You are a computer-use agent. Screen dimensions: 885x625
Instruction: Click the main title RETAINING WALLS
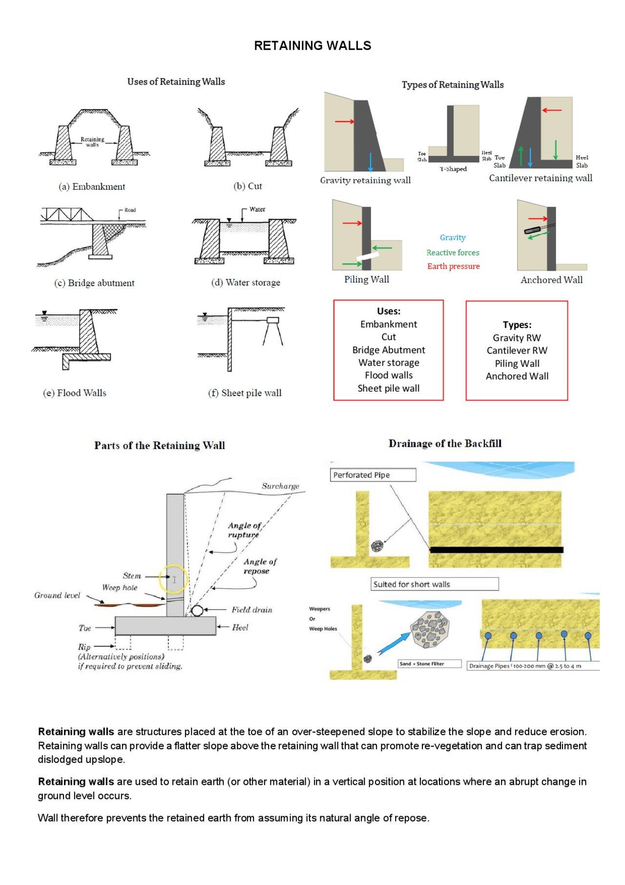(x=312, y=46)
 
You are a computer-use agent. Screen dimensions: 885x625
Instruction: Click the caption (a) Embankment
(x=92, y=187)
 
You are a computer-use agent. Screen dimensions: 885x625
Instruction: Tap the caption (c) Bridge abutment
(x=94, y=283)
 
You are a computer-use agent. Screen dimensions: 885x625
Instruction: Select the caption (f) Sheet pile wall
(x=245, y=393)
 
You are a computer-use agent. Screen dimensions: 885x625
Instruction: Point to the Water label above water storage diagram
(x=257, y=209)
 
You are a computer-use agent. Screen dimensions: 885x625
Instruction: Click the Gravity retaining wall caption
(x=365, y=180)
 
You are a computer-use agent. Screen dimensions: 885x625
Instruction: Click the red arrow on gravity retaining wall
(x=344, y=121)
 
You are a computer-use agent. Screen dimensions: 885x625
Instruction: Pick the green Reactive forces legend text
(x=453, y=253)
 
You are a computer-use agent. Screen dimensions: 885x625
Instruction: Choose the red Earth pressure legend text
(x=453, y=266)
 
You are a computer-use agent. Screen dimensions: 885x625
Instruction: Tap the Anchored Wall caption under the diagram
(x=551, y=280)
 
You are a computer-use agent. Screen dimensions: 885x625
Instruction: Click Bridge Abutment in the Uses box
(x=389, y=350)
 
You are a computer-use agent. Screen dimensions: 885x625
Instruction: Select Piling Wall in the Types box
(x=517, y=364)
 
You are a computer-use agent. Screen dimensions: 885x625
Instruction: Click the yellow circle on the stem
(x=173, y=579)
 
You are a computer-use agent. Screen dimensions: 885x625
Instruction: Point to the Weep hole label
(x=120, y=588)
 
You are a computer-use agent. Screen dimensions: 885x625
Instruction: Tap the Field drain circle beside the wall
(x=197, y=610)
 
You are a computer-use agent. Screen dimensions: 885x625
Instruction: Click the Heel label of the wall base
(x=240, y=627)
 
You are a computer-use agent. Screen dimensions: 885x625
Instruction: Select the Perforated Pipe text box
(x=373, y=475)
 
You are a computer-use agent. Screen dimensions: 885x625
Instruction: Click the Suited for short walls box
(x=435, y=584)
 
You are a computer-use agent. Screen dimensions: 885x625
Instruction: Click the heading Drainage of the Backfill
(x=445, y=444)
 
